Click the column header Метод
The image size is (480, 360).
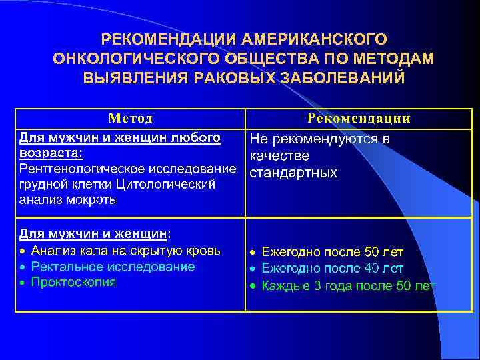tap(131, 119)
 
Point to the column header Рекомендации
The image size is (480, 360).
tap(359, 119)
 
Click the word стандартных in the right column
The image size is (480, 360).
tap(293, 173)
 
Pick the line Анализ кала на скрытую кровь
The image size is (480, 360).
tap(126, 251)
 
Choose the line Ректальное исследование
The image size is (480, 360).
tap(113, 267)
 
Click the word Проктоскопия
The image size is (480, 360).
tap(73, 282)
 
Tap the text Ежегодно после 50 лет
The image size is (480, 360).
tap(332, 252)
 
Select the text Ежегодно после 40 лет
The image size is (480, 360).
tap(332, 269)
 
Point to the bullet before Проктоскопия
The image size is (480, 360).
tap(23, 283)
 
